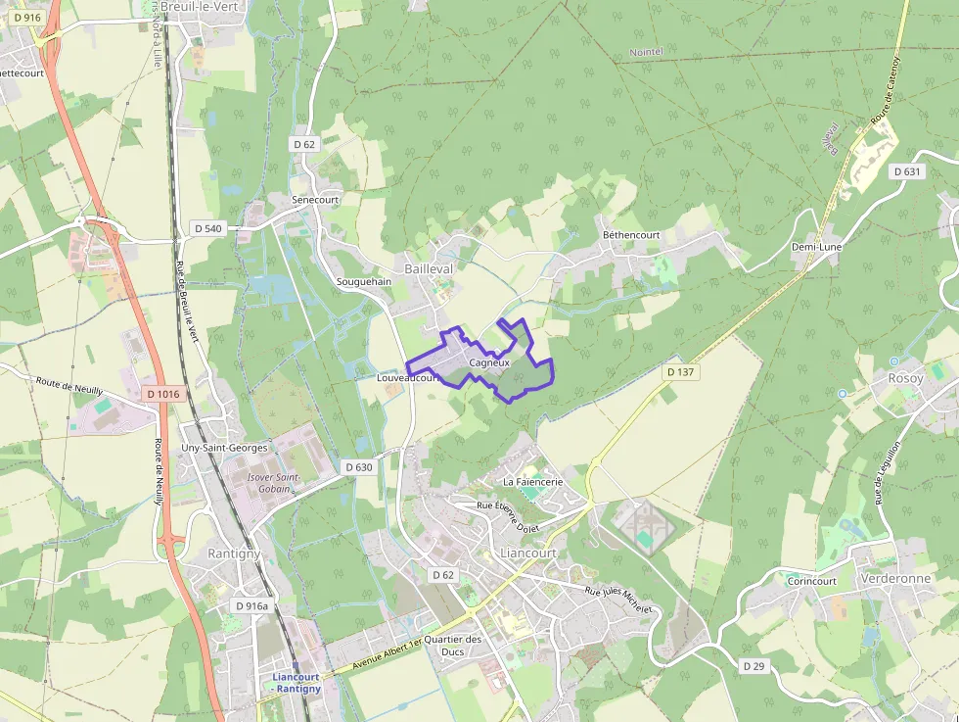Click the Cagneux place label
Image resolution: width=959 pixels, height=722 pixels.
click(x=489, y=362)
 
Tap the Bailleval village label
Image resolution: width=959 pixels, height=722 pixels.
click(x=428, y=267)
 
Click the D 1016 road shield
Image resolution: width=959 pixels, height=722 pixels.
click(x=162, y=394)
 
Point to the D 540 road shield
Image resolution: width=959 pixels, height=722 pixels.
click(x=208, y=228)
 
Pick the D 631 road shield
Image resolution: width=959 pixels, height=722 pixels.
click(x=907, y=171)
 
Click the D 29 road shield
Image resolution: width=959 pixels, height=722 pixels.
click(x=753, y=666)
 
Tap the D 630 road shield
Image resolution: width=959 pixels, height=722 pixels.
click(x=359, y=467)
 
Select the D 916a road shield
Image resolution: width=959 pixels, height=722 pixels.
click(x=251, y=606)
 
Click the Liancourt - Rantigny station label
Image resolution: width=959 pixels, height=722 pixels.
click(x=296, y=683)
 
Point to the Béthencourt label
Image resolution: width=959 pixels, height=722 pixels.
click(x=631, y=235)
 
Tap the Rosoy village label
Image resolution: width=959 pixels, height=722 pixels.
click(x=905, y=378)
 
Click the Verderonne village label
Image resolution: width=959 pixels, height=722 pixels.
click(x=895, y=579)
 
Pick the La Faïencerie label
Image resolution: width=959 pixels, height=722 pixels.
click(x=532, y=482)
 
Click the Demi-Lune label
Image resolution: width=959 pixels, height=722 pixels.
click(x=816, y=247)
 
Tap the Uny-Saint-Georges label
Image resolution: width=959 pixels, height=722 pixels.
click(x=224, y=448)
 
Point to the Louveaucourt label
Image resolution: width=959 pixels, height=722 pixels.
click(x=406, y=377)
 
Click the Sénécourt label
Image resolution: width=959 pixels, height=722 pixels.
click(x=315, y=199)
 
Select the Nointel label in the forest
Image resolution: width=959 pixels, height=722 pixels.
click(x=646, y=51)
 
